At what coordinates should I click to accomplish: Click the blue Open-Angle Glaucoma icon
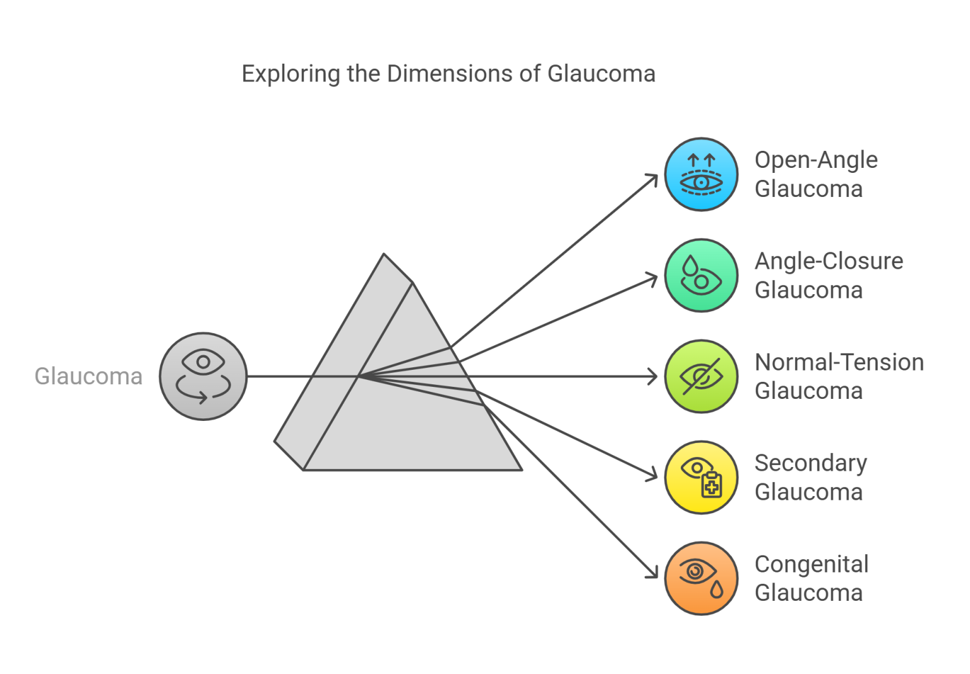pos(701,174)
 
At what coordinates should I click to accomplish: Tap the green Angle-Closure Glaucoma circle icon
pos(701,275)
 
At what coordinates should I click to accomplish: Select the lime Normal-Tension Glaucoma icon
pos(701,377)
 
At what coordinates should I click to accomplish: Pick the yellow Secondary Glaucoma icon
pos(701,477)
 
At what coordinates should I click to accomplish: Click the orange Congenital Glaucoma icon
pos(701,578)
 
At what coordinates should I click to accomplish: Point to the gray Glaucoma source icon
pos(203,377)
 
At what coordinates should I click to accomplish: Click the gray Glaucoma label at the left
pos(88,376)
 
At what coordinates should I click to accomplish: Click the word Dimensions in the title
pos(450,74)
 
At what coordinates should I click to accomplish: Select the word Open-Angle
pos(816,160)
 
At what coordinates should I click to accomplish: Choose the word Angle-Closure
pos(829,261)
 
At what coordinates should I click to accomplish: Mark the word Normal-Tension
pos(839,362)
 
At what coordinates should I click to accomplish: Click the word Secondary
pos(811,463)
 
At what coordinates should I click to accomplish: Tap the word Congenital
pos(811,564)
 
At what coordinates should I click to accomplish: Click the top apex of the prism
pos(385,255)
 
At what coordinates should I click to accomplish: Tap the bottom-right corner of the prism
pos(520,469)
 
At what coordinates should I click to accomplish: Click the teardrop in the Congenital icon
pos(716,589)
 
